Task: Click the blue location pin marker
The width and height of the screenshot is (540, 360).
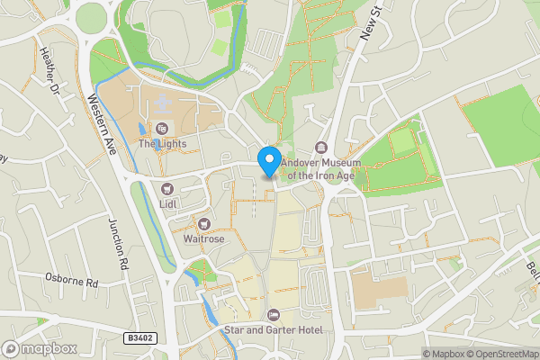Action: (268, 161)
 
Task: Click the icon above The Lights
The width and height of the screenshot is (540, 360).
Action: (162, 128)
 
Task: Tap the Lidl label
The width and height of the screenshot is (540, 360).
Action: (168, 204)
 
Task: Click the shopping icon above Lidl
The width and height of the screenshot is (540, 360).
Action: (168, 188)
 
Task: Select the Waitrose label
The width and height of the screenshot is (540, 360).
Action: (203, 239)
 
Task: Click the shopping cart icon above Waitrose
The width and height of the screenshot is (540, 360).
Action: (206, 223)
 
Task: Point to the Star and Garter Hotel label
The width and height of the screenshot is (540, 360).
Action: (274, 329)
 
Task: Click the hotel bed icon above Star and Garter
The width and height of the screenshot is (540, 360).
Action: (274, 313)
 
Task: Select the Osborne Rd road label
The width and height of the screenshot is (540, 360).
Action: (71, 281)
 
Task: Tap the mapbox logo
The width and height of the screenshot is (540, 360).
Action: (40, 348)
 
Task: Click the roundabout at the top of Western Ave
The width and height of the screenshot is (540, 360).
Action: (91, 17)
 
